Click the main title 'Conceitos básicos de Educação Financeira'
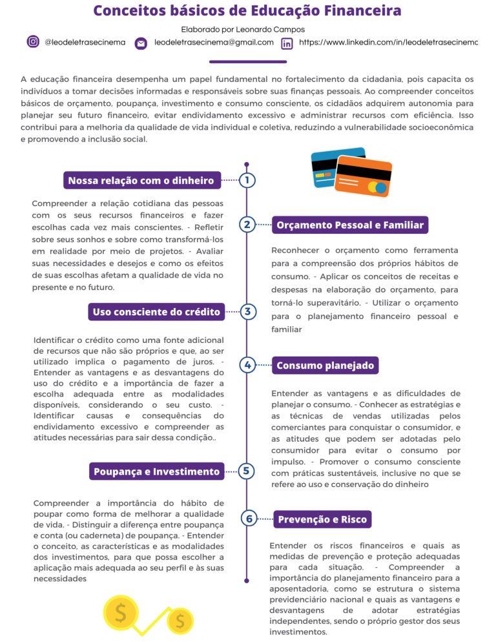pos(247,11)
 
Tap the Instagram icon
pos(33,42)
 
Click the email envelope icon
pos(141,43)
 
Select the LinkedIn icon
pos(287,43)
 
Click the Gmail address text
pos(214,43)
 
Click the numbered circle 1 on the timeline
pos(247,180)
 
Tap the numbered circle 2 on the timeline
pos(247,225)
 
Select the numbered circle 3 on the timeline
pos(247,312)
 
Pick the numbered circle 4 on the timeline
pos(247,365)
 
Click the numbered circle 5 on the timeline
pos(247,471)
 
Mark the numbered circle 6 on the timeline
pos(247,519)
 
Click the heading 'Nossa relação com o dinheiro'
pos(141,180)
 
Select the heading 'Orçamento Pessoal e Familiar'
pos(350,225)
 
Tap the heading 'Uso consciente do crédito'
pos(156,312)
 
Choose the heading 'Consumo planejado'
pos(325,366)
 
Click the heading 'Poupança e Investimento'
pos(156,471)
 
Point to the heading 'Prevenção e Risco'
pos(322,519)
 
